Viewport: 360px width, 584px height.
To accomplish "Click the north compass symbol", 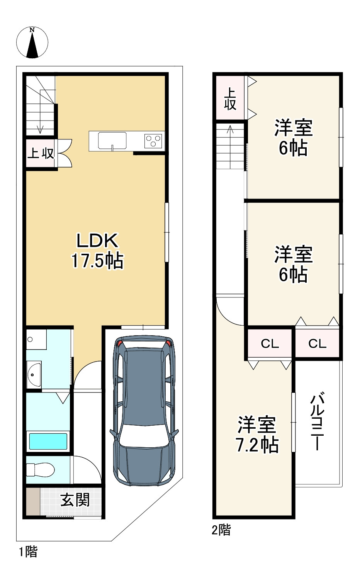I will (32, 42).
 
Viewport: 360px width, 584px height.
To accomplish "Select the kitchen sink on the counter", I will (112, 141).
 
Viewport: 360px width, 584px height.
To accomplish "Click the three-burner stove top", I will (154, 141).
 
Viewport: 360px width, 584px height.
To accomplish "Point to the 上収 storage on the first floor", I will (41, 153).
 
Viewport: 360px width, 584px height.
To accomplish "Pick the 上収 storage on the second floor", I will (230, 99).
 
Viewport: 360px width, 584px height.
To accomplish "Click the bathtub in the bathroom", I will (48, 441).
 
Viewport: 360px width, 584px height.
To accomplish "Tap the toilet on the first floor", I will (41, 470).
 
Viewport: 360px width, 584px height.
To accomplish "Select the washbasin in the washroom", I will (35, 374).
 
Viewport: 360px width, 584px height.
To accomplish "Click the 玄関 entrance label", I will (75, 500).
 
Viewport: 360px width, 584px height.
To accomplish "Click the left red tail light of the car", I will (120, 343).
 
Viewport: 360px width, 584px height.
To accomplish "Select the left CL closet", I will (270, 343).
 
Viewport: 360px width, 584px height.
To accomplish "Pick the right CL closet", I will (317, 343).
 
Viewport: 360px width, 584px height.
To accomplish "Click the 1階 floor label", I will (28, 552).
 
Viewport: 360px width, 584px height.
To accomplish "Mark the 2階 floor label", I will (221, 530).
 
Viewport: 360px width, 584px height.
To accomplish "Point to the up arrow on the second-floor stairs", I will (230, 129).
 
